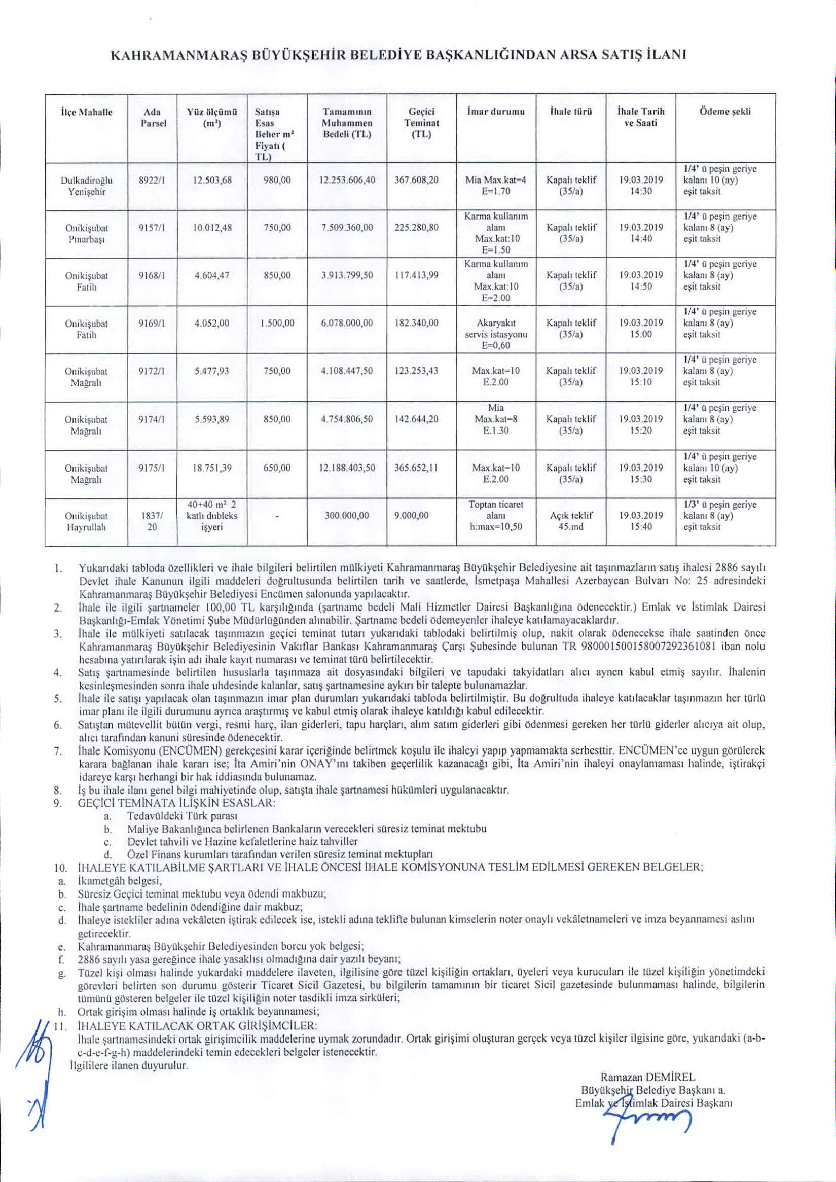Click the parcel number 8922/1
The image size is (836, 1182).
tap(152, 180)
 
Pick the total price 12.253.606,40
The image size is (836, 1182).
tap(347, 180)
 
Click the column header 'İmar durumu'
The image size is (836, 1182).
tap(496, 112)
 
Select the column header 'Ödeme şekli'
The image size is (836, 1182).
tap(725, 112)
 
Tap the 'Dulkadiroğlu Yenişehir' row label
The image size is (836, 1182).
tap(87, 186)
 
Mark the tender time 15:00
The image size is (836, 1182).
tap(640, 334)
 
